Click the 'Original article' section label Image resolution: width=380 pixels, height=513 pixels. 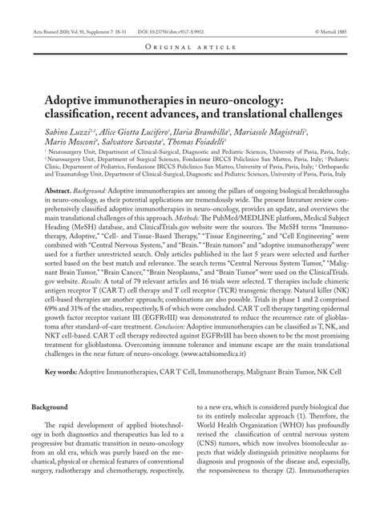point(190,47)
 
